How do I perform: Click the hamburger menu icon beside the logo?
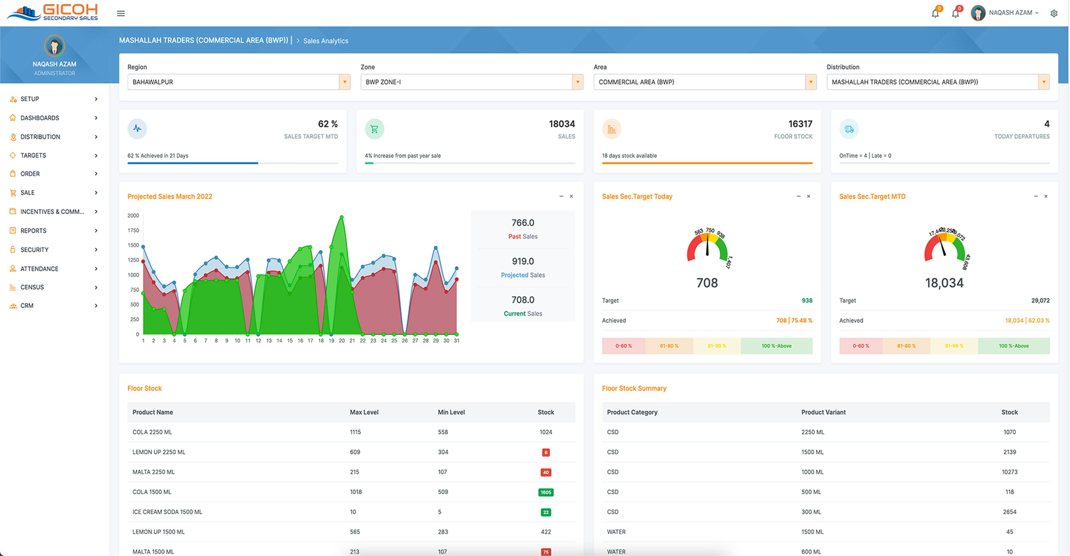point(120,13)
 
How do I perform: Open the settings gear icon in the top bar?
point(1054,13)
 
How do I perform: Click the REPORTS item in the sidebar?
point(33,231)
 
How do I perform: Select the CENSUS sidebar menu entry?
point(32,287)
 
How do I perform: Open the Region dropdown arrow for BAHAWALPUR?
point(344,82)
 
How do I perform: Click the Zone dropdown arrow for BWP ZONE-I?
point(577,82)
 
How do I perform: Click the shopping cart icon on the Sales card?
point(374,129)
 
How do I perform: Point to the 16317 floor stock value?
point(800,124)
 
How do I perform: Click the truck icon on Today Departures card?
point(849,129)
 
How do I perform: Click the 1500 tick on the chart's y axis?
point(133,245)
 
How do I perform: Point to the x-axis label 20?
point(341,341)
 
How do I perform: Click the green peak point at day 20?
point(341,217)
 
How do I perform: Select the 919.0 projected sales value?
point(523,261)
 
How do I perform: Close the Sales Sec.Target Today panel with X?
point(808,196)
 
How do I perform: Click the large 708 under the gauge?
point(707,283)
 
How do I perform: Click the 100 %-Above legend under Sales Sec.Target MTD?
point(1014,346)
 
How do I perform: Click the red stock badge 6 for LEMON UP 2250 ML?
point(545,452)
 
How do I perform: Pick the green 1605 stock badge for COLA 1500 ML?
point(545,492)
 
